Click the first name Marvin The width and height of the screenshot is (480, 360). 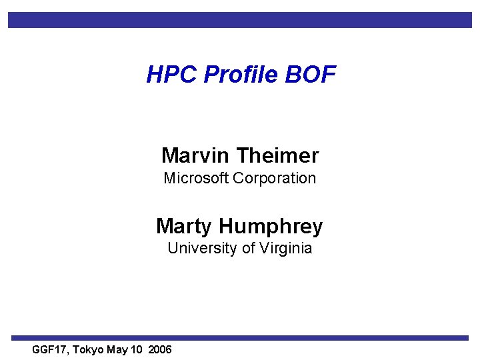point(195,156)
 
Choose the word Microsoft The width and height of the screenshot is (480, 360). point(197,178)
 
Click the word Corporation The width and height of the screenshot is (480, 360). point(275,178)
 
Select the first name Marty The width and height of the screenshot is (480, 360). point(184,226)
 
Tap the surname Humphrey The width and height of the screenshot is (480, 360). point(271,227)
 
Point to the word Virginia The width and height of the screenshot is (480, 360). point(287,248)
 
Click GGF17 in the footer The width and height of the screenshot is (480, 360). point(49,350)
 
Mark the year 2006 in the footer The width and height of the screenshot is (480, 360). point(160,350)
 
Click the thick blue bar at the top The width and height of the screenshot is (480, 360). point(240,20)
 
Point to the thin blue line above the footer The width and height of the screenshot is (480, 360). point(240,338)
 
